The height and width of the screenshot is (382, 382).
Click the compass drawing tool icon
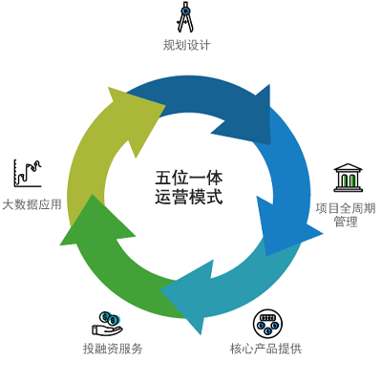click(x=185, y=17)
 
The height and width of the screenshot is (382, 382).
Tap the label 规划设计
click(x=187, y=45)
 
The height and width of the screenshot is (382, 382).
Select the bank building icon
click(x=348, y=178)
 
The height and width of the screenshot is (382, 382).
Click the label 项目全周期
click(x=346, y=208)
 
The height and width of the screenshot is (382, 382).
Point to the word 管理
click(x=346, y=222)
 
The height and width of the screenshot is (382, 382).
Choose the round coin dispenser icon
click(x=267, y=323)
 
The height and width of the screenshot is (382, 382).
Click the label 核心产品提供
click(x=265, y=349)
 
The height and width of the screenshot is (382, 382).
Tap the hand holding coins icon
click(x=107, y=324)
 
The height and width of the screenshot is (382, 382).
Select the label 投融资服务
click(x=113, y=349)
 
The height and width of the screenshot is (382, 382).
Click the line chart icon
click(x=28, y=173)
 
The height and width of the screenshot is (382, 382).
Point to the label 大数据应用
click(x=32, y=204)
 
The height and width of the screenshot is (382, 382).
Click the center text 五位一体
click(x=189, y=178)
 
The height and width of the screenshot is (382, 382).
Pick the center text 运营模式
click(x=189, y=197)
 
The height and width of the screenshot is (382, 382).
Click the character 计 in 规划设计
click(x=204, y=45)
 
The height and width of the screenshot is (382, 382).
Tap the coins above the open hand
click(x=109, y=318)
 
